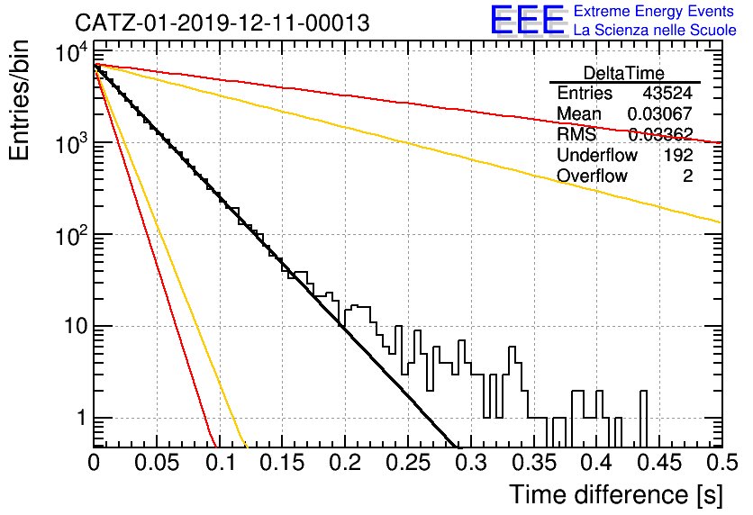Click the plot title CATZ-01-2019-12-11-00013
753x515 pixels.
pyautogui.click(x=222, y=23)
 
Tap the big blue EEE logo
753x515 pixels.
pyautogui.click(x=527, y=20)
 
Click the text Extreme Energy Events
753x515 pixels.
pyautogui.click(x=654, y=11)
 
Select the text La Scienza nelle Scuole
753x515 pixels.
pyautogui.click(x=655, y=30)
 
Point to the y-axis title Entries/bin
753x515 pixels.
pyautogui.click(x=19, y=101)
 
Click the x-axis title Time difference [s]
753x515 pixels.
pyautogui.click(x=616, y=494)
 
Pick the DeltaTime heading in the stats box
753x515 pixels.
pyautogui.click(x=624, y=73)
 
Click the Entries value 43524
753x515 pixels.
pyautogui.click(x=667, y=93)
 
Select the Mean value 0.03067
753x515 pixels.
pyautogui.click(x=660, y=113)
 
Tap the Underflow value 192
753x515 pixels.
pyautogui.click(x=678, y=155)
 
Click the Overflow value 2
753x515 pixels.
pyautogui.click(x=687, y=176)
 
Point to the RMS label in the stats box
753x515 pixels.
pyautogui.click(x=576, y=134)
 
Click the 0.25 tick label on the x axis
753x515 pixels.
pyautogui.click(x=408, y=463)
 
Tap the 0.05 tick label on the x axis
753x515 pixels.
pyautogui.click(x=157, y=463)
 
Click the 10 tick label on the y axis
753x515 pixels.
pyautogui.click(x=76, y=326)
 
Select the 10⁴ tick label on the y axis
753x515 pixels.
pyautogui.click(x=72, y=52)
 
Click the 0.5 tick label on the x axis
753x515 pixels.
pyautogui.click(x=721, y=463)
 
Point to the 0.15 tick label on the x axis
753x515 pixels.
pyautogui.click(x=283, y=463)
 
